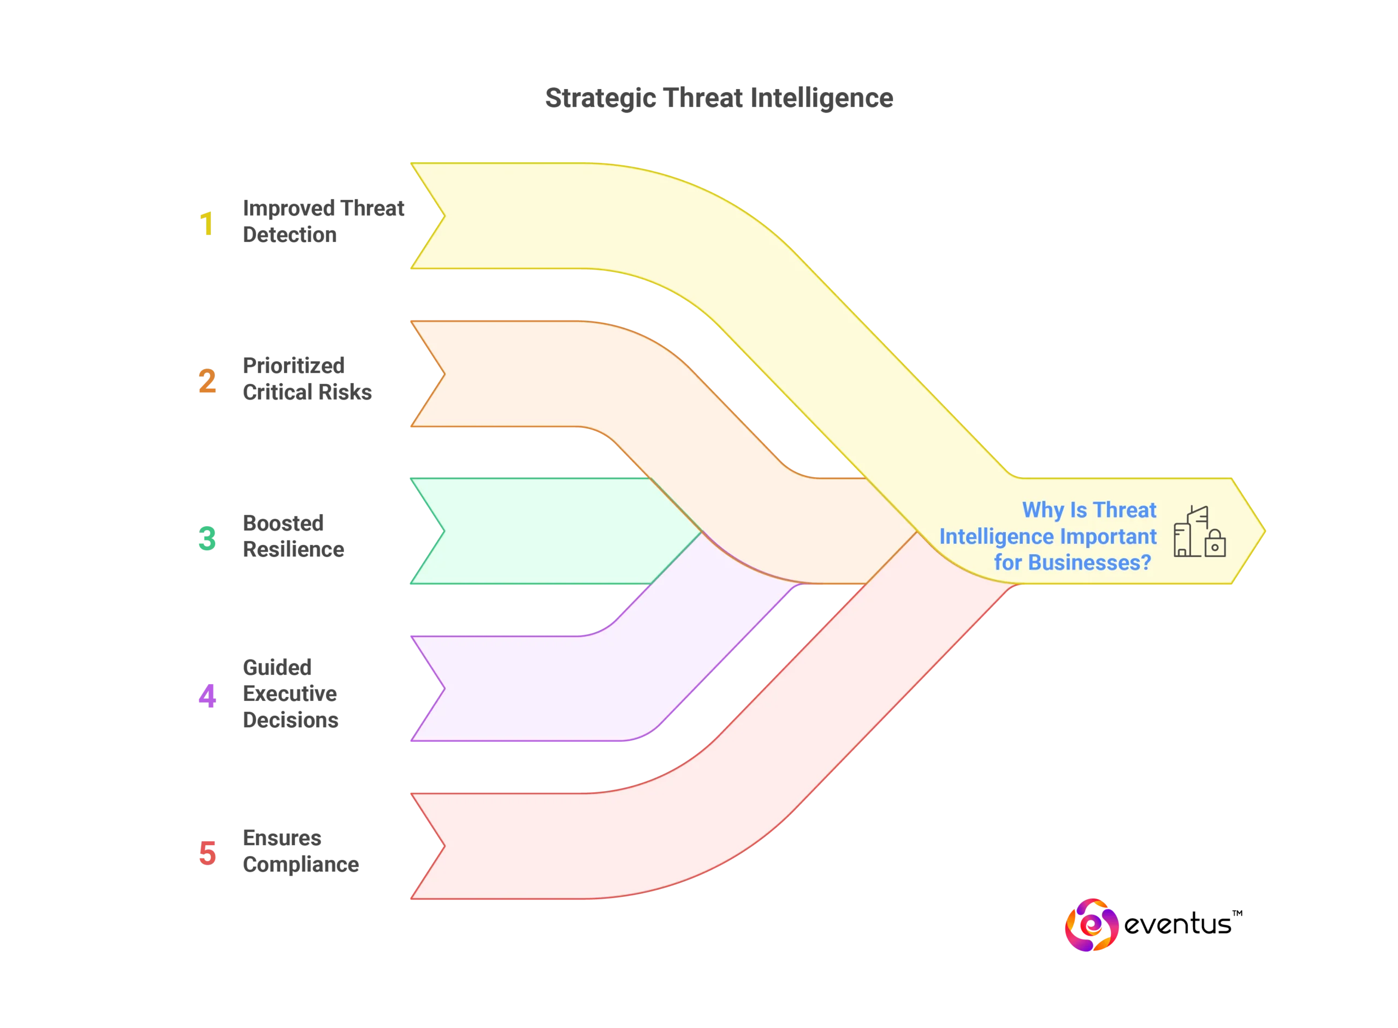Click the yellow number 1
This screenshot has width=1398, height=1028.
pyautogui.click(x=206, y=223)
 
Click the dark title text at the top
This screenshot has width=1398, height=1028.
pyautogui.click(x=720, y=99)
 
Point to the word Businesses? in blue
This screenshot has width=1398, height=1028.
pyautogui.click(x=1089, y=562)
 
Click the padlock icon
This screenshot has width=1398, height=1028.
pyautogui.click(x=1215, y=543)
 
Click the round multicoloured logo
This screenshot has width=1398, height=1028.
pyautogui.click(x=1092, y=925)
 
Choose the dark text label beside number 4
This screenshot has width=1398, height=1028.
pyautogui.click(x=290, y=693)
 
